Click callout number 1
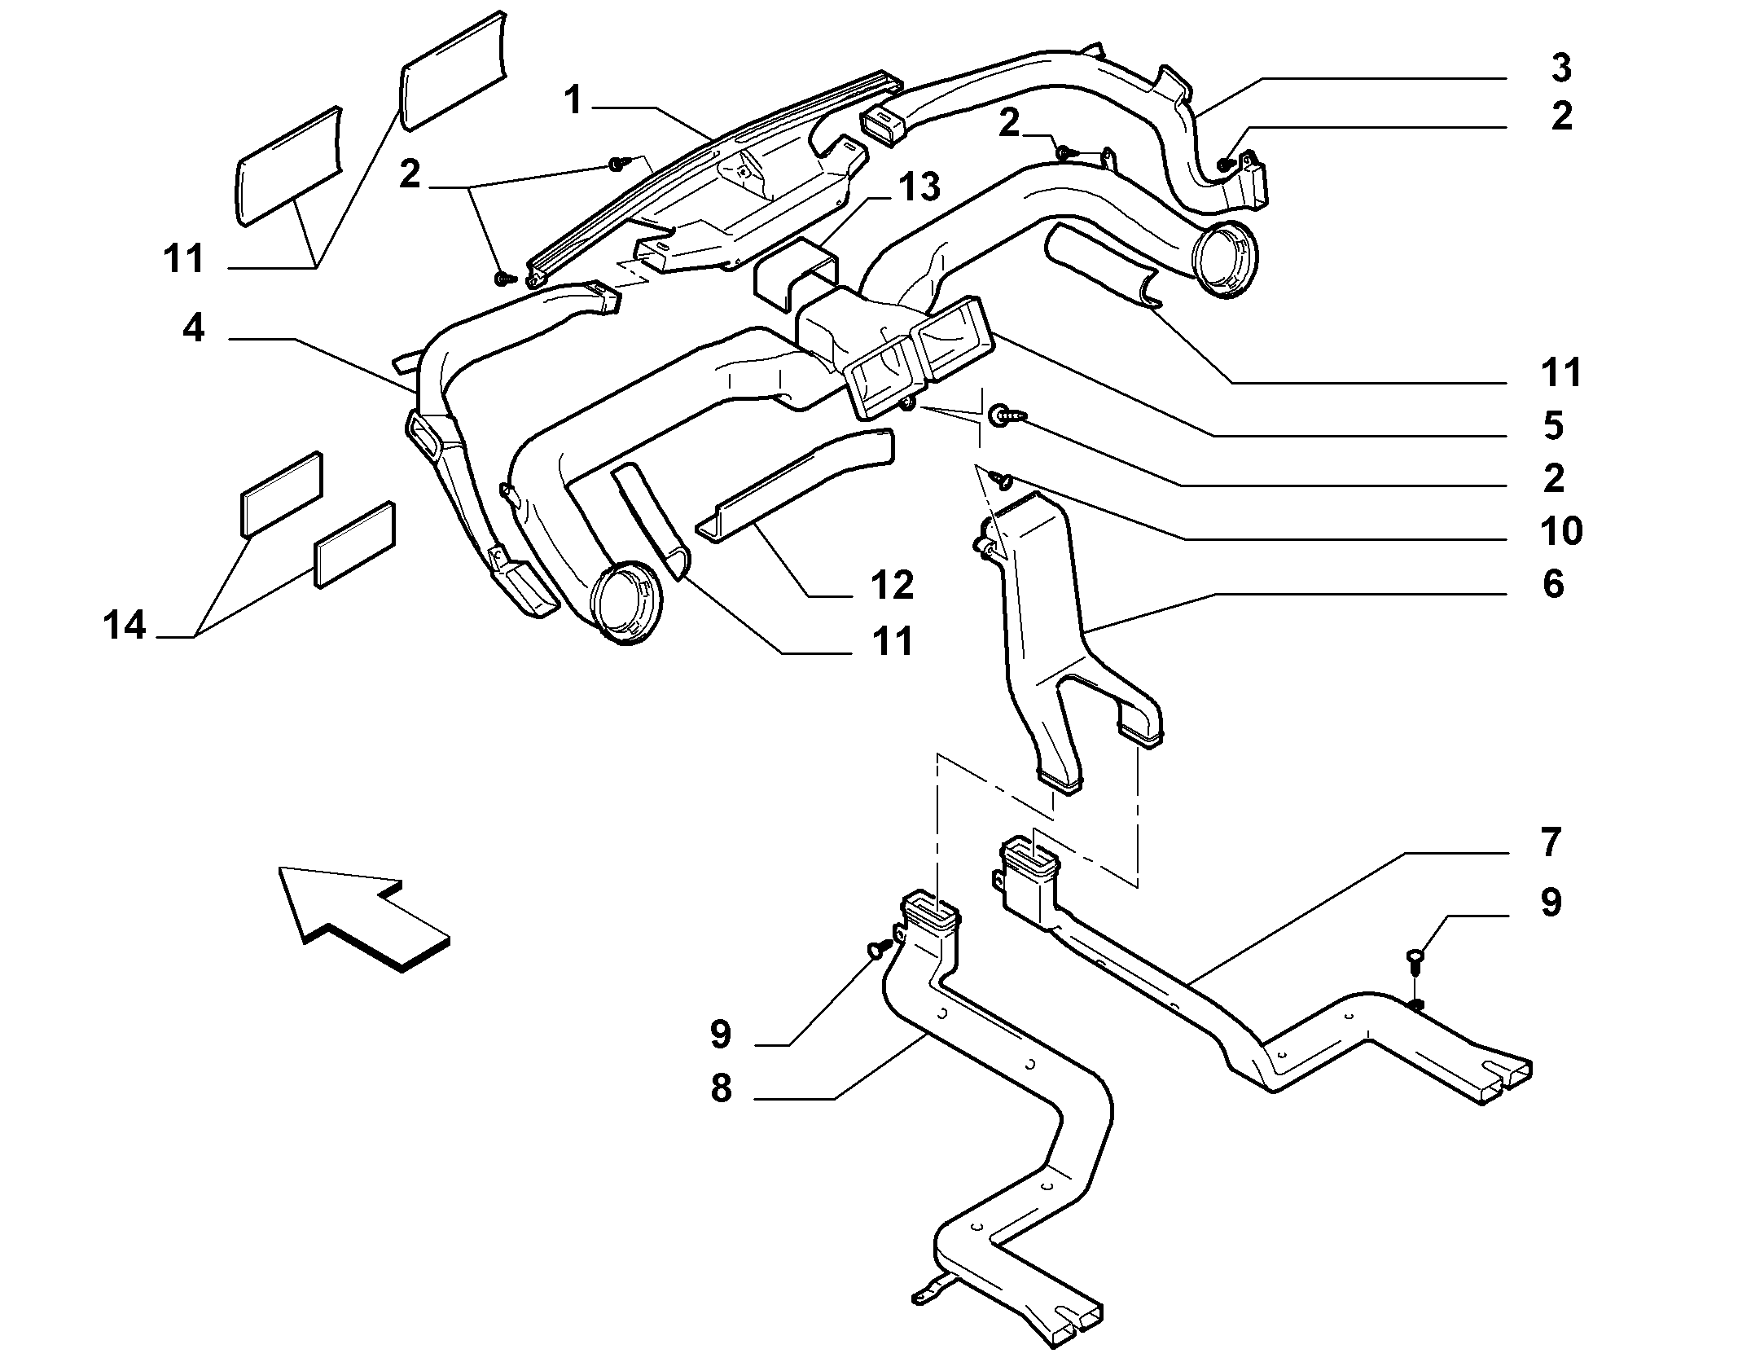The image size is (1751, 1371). (x=574, y=102)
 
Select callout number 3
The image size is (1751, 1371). (x=1560, y=68)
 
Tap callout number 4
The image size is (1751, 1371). (x=193, y=328)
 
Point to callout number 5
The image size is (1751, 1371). (x=1553, y=426)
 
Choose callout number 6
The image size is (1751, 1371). (x=1553, y=584)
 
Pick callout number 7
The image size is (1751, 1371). (x=1550, y=841)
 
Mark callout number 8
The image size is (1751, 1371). (x=721, y=1088)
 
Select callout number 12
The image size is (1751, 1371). (x=892, y=585)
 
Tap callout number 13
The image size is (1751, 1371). (x=919, y=187)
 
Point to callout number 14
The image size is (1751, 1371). (x=125, y=626)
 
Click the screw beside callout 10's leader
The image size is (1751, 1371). (x=1001, y=481)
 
